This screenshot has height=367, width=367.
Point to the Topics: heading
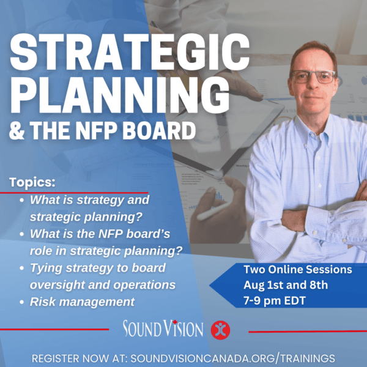(x=32, y=182)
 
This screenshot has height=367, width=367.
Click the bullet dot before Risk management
(x=23, y=302)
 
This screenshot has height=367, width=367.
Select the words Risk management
(x=82, y=302)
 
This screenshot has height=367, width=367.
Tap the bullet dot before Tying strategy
(x=23, y=268)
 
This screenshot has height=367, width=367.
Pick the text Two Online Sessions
(x=289, y=269)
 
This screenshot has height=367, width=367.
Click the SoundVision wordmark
(x=163, y=329)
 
